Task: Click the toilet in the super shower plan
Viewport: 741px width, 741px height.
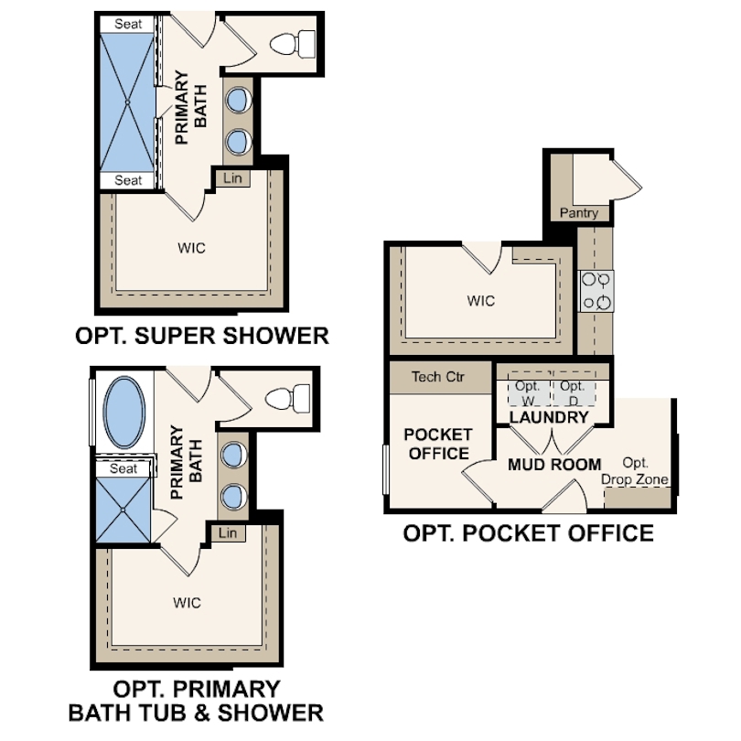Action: [x=293, y=44]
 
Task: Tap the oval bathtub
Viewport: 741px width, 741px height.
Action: [x=124, y=412]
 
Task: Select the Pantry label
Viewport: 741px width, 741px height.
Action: [x=579, y=212]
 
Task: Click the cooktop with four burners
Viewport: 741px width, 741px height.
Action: [x=596, y=291]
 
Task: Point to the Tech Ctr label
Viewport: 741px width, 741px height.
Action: [x=438, y=377]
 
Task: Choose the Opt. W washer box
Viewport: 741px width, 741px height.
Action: [x=530, y=389]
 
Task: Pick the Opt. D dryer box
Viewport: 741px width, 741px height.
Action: [x=574, y=389]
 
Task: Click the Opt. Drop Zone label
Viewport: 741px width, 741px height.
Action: [x=635, y=471]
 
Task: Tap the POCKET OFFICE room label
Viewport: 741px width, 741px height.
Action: [x=438, y=444]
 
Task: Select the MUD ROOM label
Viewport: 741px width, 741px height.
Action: [x=554, y=465]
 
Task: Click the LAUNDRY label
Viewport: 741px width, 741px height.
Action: [x=549, y=417]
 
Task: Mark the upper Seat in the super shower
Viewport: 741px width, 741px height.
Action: [x=127, y=24]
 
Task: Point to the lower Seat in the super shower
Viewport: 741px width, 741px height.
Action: [x=127, y=180]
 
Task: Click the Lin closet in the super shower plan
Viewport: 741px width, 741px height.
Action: [x=232, y=178]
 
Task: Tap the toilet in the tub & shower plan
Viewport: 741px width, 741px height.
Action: [x=288, y=398]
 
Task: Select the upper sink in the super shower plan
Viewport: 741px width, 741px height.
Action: [x=239, y=100]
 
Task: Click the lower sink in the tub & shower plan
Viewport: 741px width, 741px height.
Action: [x=234, y=497]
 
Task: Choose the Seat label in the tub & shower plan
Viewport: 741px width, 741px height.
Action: [x=123, y=468]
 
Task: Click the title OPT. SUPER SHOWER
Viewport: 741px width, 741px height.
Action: [x=202, y=336]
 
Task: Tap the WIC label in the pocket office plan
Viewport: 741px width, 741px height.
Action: [x=480, y=301]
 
